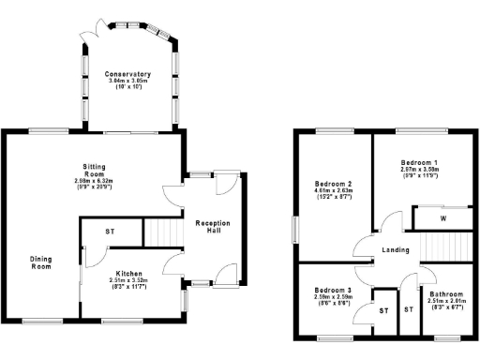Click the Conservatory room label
coord(128,74)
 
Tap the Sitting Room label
coord(96,168)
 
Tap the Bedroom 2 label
coord(334,184)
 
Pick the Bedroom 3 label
coord(333,292)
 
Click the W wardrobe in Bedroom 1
coord(442,218)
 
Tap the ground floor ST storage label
coord(110,231)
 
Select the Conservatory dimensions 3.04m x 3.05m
coord(128,82)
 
